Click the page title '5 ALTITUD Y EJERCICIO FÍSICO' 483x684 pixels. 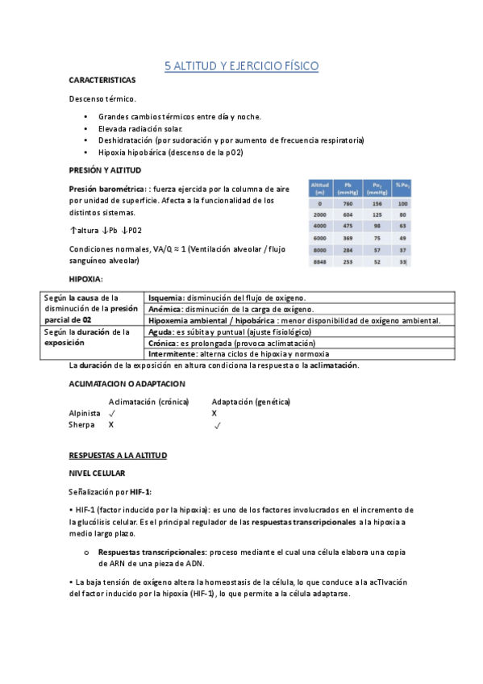click(241, 65)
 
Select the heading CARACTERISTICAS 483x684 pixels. click(102, 81)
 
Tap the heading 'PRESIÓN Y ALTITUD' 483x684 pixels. click(105, 170)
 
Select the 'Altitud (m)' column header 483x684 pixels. click(319, 188)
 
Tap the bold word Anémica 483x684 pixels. click(165, 309)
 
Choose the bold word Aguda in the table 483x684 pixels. click(162, 332)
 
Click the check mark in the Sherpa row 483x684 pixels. click(218, 424)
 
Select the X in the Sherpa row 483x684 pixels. click(111, 423)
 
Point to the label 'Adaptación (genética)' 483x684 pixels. click(251, 401)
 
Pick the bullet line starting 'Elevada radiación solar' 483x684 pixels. click(140, 129)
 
